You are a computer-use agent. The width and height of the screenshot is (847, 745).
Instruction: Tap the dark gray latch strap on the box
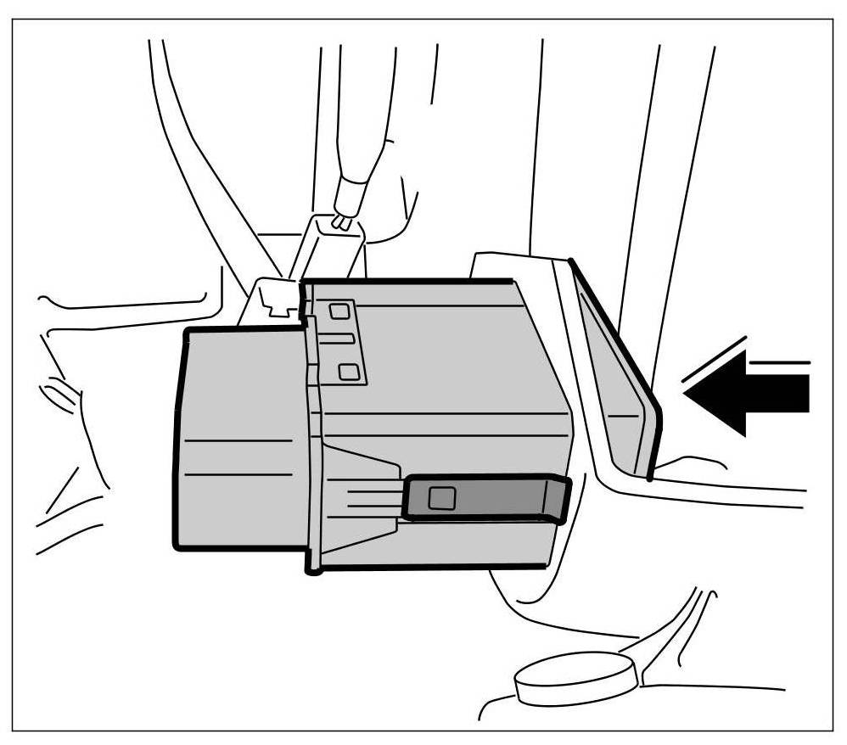(x=492, y=498)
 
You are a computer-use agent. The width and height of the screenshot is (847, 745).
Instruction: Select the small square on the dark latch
(x=440, y=498)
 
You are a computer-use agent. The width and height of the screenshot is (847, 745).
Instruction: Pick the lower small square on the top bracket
(x=346, y=371)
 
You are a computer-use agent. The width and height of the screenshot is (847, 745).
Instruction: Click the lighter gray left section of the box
(x=242, y=437)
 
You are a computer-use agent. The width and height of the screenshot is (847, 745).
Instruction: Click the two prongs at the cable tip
(x=341, y=222)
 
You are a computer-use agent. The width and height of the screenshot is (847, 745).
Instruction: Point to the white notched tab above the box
(x=275, y=299)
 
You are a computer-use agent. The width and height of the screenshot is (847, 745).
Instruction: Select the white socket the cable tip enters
(x=331, y=246)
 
